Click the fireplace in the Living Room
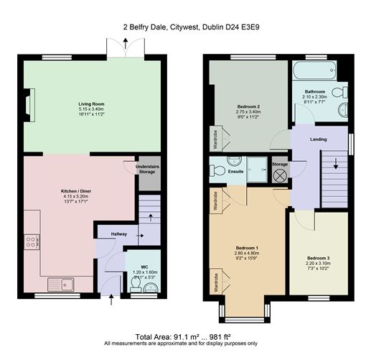[x=29, y=102]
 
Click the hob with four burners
[x=31, y=242]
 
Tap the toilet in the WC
[x=148, y=287]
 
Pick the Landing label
[x=319, y=139]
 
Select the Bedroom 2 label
[x=248, y=108]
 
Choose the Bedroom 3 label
[x=317, y=257]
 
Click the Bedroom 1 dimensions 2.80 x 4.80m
[x=247, y=254]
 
